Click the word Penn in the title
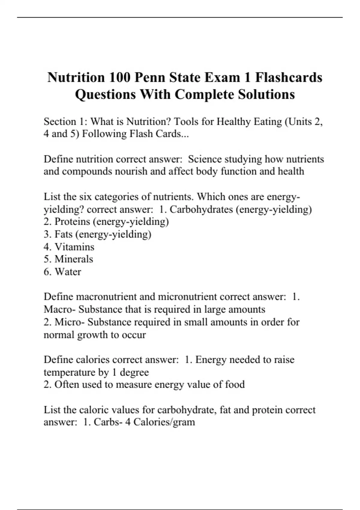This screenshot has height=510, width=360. click(x=149, y=77)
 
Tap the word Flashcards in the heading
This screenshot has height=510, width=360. click(x=289, y=77)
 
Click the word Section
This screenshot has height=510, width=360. click(x=60, y=121)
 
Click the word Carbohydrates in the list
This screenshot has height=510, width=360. click(x=201, y=209)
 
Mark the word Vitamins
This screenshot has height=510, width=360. click(x=74, y=247)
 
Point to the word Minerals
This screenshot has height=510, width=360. click(x=74, y=259)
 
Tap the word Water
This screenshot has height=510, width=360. click(x=68, y=272)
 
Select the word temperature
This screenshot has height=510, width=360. click(x=69, y=372)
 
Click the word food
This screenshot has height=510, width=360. click(x=235, y=384)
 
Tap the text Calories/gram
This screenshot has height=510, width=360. click(x=164, y=422)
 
